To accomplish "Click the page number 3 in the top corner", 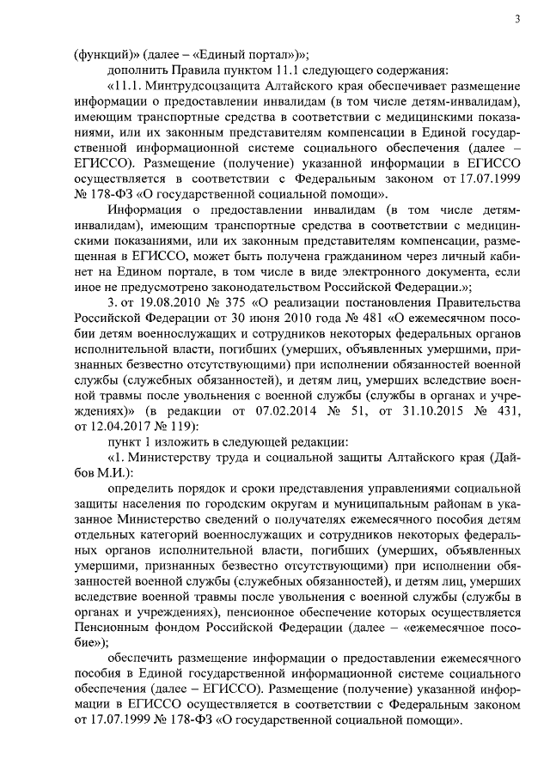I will [x=516, y=19].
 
